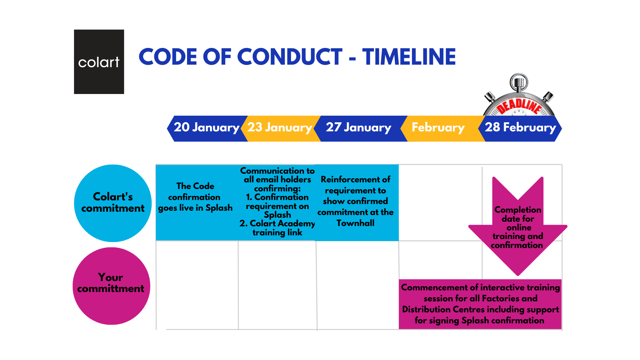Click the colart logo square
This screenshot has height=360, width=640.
point(99,62)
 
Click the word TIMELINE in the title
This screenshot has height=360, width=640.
point(409,57)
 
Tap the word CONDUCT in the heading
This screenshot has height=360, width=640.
point(290,57)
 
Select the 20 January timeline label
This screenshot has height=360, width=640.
point(206,127)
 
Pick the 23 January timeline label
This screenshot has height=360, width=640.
point(279,127)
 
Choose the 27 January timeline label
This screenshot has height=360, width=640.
point(358,127)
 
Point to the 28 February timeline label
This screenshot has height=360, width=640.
point(520,127)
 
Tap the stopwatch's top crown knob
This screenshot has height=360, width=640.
point(519,82)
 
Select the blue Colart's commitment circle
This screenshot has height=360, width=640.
point(113,203)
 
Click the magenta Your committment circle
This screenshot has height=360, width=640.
point(111,286)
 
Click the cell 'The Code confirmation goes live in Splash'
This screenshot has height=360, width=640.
point(195,197)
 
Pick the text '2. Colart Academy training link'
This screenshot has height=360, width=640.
point(277,228)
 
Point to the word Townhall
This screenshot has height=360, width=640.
point(355,223)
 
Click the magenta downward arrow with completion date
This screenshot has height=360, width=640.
point(518,227)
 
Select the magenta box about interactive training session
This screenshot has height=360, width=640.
point(480,304)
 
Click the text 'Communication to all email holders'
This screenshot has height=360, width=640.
point(277,175)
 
